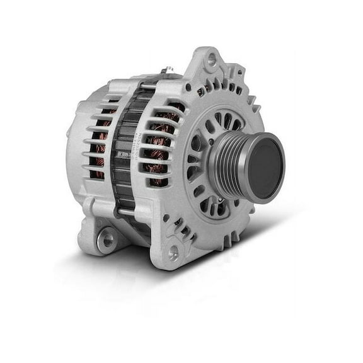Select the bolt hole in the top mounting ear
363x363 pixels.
212,61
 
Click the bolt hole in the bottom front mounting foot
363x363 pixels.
173,253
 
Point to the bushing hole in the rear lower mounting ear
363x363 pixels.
107,239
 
